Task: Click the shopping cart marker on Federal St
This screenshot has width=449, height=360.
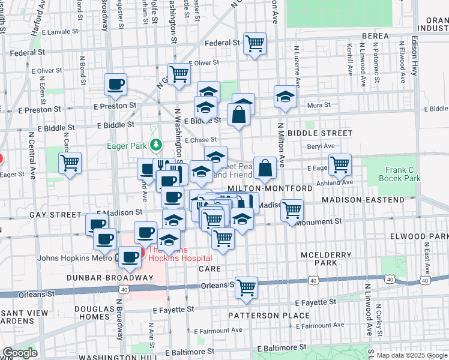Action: point(255,43)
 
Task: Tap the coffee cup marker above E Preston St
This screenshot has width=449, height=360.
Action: point(116,84)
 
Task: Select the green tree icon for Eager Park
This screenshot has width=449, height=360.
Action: point(156,145)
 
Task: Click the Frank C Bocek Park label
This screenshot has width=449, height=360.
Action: point(402,174)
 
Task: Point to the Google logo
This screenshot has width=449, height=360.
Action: point(20,353)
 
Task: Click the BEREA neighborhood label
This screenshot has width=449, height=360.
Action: point(375,36)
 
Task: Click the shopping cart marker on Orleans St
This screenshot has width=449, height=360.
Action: point(246,288)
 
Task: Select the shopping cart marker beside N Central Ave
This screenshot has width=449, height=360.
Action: point(70,163)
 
